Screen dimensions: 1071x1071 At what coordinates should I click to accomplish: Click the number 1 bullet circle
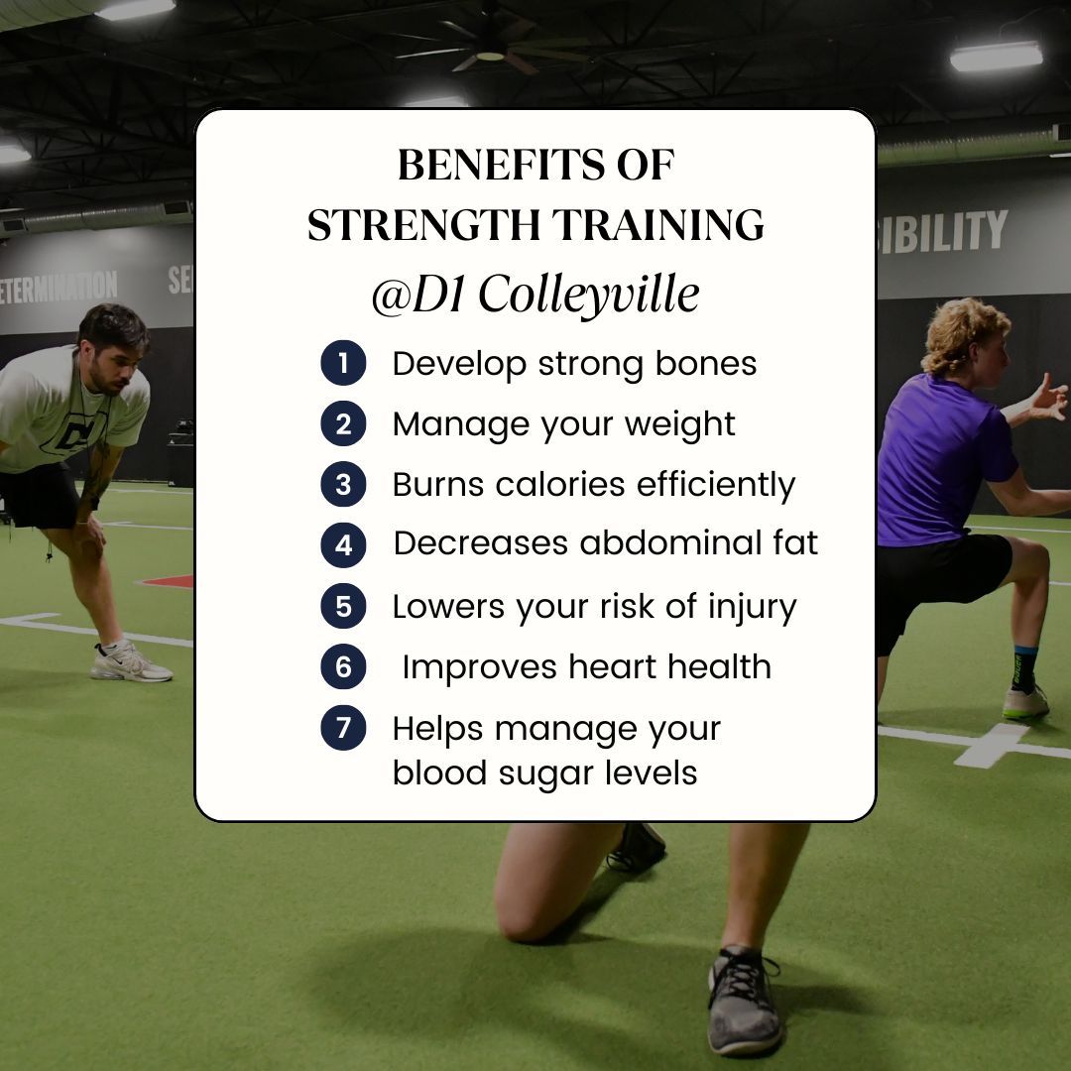point(343,364)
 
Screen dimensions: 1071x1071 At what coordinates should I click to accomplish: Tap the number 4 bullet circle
point(343,544)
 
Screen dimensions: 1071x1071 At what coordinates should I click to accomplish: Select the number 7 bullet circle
point(343,728)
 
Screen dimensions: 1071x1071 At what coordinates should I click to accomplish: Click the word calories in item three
point(560,485)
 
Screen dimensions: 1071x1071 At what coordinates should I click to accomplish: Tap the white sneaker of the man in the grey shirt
point(130,662)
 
